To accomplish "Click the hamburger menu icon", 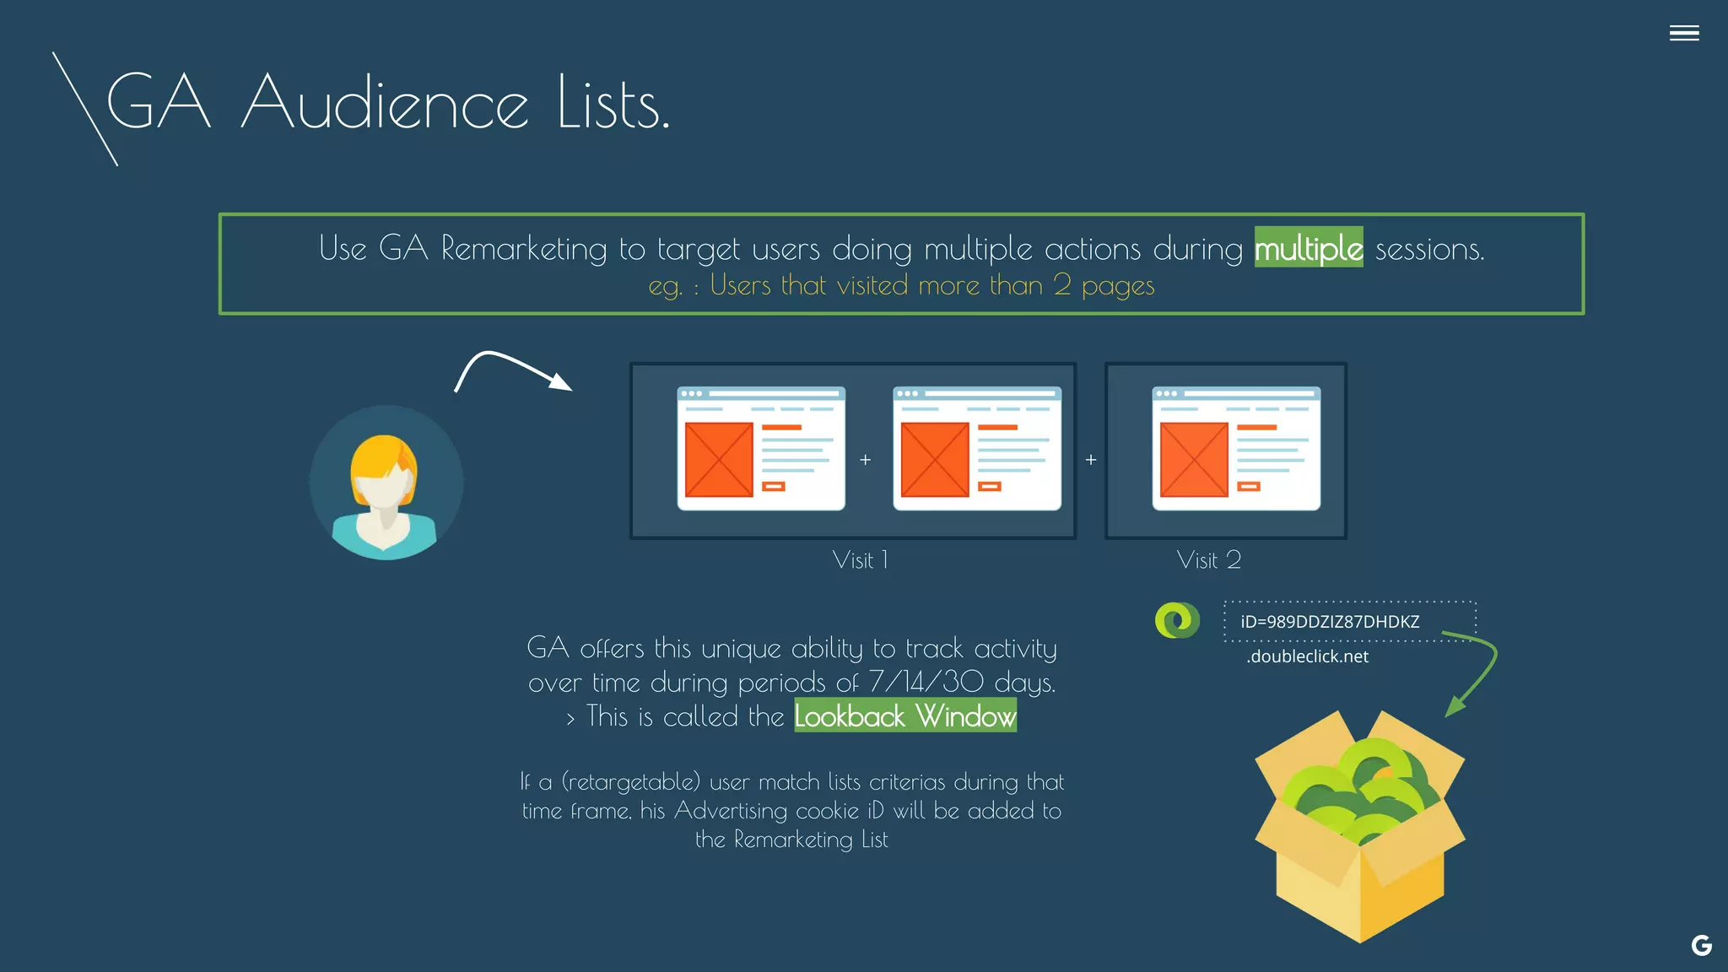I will pos(1683,33).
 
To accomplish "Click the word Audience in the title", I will pos(385,103).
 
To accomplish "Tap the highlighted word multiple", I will pos(1308,248).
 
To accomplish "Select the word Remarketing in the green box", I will pos(523,248).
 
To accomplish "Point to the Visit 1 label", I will pos(860,560).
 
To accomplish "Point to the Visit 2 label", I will pos(1208,560).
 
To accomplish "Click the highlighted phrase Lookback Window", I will pos(905,716).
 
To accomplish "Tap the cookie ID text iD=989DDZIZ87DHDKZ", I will pos(1330,622).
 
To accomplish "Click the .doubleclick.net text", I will pos(1307,656).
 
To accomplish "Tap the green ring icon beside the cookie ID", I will pos(1177,621).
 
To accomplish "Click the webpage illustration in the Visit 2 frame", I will pos(1236,448).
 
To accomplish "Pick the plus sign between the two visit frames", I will pos(1091,460).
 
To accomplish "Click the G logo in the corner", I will pos(1701,946).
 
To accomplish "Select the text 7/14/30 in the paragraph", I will pos(926,682).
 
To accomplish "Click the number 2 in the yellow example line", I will pos(1062,285).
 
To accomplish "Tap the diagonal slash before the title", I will pos(84,109).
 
